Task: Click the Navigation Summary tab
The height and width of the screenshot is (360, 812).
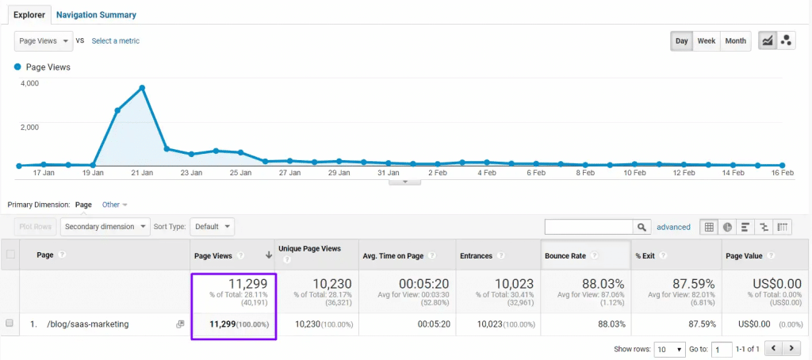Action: coord(96,14)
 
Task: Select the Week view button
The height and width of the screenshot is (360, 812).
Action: coord(706,40)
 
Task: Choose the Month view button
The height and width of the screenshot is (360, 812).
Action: coord(735,40)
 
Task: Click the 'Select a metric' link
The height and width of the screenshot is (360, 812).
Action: coord(116,40)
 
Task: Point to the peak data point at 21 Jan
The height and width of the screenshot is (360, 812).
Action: coord(142,87)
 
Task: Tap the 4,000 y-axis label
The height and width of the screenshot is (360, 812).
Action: coord(29,82)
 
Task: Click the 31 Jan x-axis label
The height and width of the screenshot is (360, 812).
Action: coord(388,172)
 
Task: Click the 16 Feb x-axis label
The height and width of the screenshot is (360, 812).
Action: coord(782,172)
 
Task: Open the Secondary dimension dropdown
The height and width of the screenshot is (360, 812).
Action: coord(105,227)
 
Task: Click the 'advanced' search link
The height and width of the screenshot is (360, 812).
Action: coord(673,227)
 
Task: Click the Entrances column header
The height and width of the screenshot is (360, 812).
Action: coord(476,255)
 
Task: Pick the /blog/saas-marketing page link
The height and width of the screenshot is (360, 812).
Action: coord(87,324)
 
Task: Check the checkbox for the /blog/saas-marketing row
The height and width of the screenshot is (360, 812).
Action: coord(10,324)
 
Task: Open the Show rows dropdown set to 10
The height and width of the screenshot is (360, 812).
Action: coord(670,349)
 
